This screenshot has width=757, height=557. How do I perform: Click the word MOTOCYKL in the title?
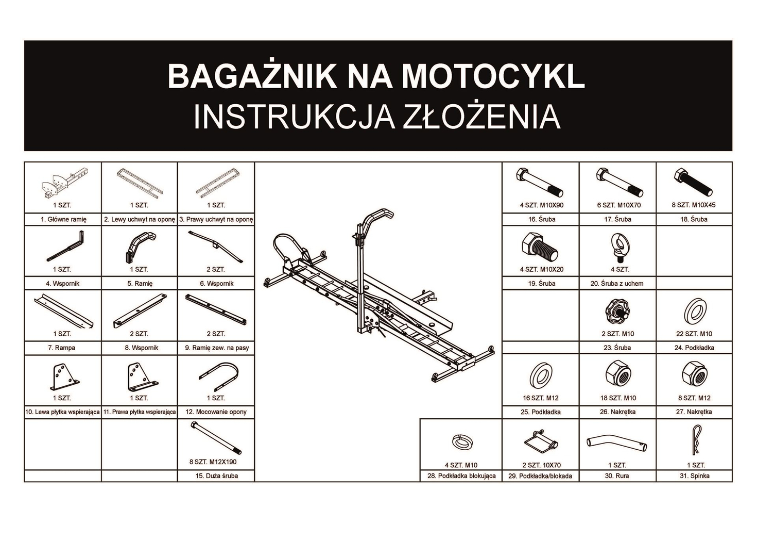(x=493, y=76)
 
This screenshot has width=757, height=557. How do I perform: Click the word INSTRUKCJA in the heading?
(x=294, y=117)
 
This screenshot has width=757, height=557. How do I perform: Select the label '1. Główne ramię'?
(x=63, y=219)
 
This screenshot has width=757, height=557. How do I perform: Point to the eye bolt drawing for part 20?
(x=617, y=246)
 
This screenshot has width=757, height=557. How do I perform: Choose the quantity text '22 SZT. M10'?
(x=694, y=334)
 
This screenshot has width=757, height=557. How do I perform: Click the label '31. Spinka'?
(x=694, y=476)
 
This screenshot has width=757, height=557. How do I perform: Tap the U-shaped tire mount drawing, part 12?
(x=218, y=375)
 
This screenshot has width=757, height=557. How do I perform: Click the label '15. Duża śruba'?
(x=216, y=476)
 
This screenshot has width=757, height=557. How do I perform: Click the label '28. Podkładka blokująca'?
(x=461, y=476)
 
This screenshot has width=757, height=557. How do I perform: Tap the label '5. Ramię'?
(x=140, y=283)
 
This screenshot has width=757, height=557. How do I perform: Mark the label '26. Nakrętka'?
(x=617, y=412)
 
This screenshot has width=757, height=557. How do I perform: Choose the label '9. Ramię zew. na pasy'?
(x=217, y=348)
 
